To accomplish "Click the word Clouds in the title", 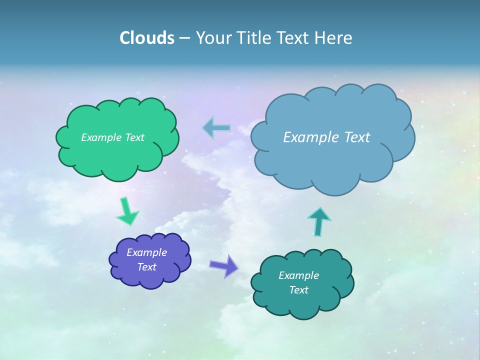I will (147, 38).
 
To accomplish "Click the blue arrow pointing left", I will (217, 128).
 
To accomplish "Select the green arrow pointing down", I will (126, 211).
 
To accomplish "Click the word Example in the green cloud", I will (100, 137).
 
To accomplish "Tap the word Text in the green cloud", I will (133, 137).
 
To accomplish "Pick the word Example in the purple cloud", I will (146, 252).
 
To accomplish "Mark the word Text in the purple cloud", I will (146, 267).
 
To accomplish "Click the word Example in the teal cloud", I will (298, 275).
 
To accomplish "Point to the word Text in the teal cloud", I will (298, 290).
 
